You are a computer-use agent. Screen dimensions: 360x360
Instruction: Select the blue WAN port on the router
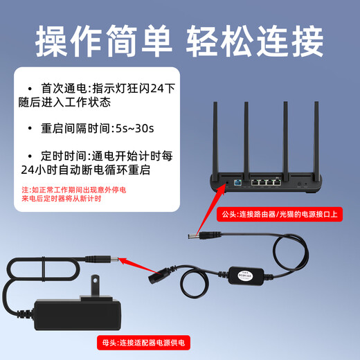[237, 183]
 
